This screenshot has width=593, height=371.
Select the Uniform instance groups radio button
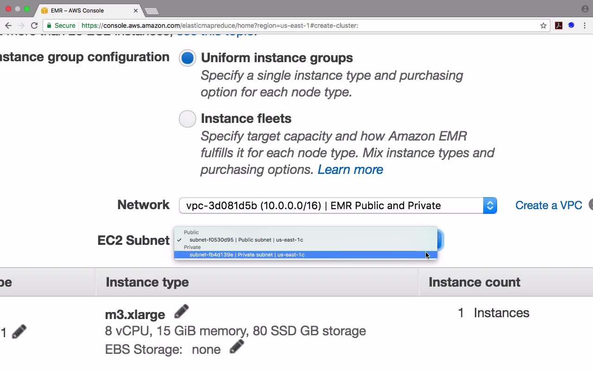[188, 58]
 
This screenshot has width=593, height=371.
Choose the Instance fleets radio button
[188, 119]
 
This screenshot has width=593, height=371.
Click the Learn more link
[350, 170]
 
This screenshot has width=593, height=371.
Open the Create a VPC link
[549, 205]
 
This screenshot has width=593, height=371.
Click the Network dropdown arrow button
[490, 205]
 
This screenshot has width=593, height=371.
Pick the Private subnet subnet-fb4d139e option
[247, 255]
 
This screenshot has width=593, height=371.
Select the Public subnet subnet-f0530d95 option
[246, 240]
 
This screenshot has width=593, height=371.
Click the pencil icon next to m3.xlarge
[181, 312]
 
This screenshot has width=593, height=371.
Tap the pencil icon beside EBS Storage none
[236, 347]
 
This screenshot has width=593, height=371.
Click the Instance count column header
[474, 282]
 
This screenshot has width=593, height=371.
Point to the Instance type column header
[147, 282]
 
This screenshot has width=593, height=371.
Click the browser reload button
[34, 26]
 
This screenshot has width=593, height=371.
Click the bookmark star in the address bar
[543, 26]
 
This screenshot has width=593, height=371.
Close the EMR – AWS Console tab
[136, 10]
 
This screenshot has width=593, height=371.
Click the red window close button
[8, 9]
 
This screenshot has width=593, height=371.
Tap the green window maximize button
[27, 9]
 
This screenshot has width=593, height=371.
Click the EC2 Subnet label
[133, 240]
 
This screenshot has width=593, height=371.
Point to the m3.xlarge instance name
[135, 314]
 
